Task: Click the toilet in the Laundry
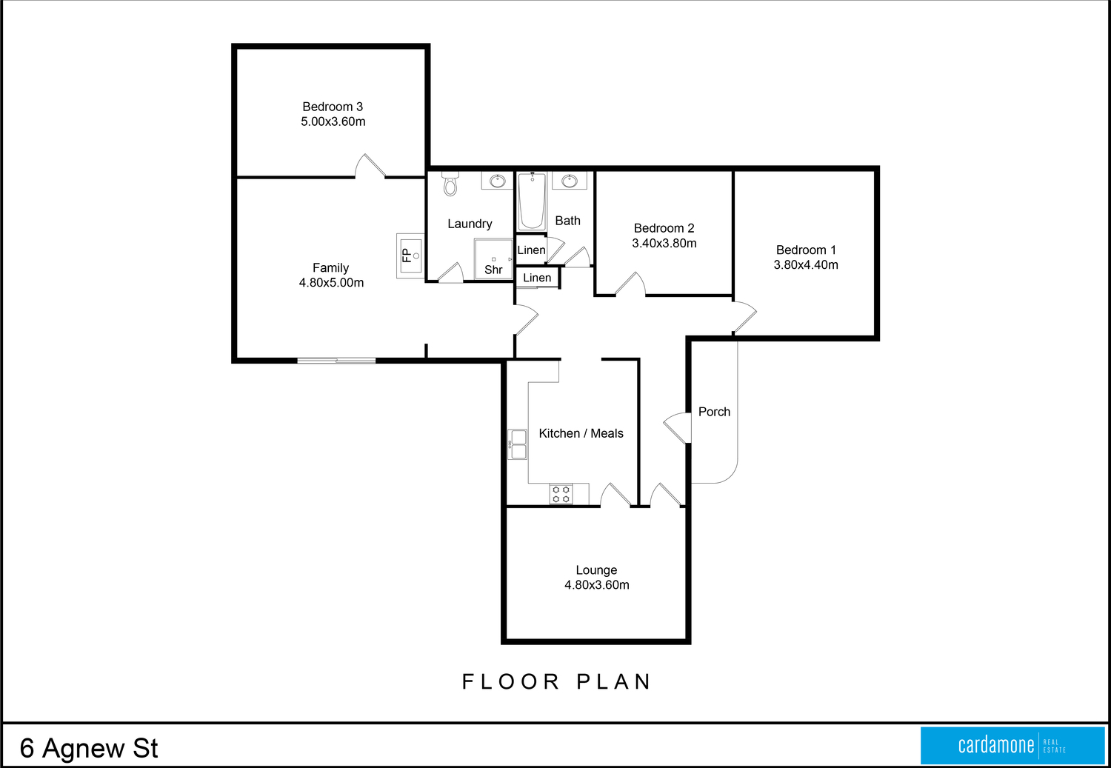pos(450,184)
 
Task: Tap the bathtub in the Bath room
pos(532,201)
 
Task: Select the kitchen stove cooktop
pos(561,494)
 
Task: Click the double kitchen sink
pos(517,444)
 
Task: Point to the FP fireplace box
pos(410,256)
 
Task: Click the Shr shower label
pos(493,270)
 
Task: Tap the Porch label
pos(714,412)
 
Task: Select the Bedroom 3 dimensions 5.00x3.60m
pos(333,121)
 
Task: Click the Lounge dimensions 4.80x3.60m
pos(597,585)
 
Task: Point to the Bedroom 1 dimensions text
pos(806,264)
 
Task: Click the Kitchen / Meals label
pos(581,433)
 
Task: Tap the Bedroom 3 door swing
pos(370,166)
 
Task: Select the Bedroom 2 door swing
pos(630,284)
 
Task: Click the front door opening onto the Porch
pos(678,428)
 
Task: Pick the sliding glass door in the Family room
pos(336,361)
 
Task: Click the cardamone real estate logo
pos(1012,745)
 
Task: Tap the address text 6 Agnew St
pos(89,748)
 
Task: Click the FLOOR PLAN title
pos(556,682)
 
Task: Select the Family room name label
pos(331,268)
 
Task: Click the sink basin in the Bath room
pos(570,181)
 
